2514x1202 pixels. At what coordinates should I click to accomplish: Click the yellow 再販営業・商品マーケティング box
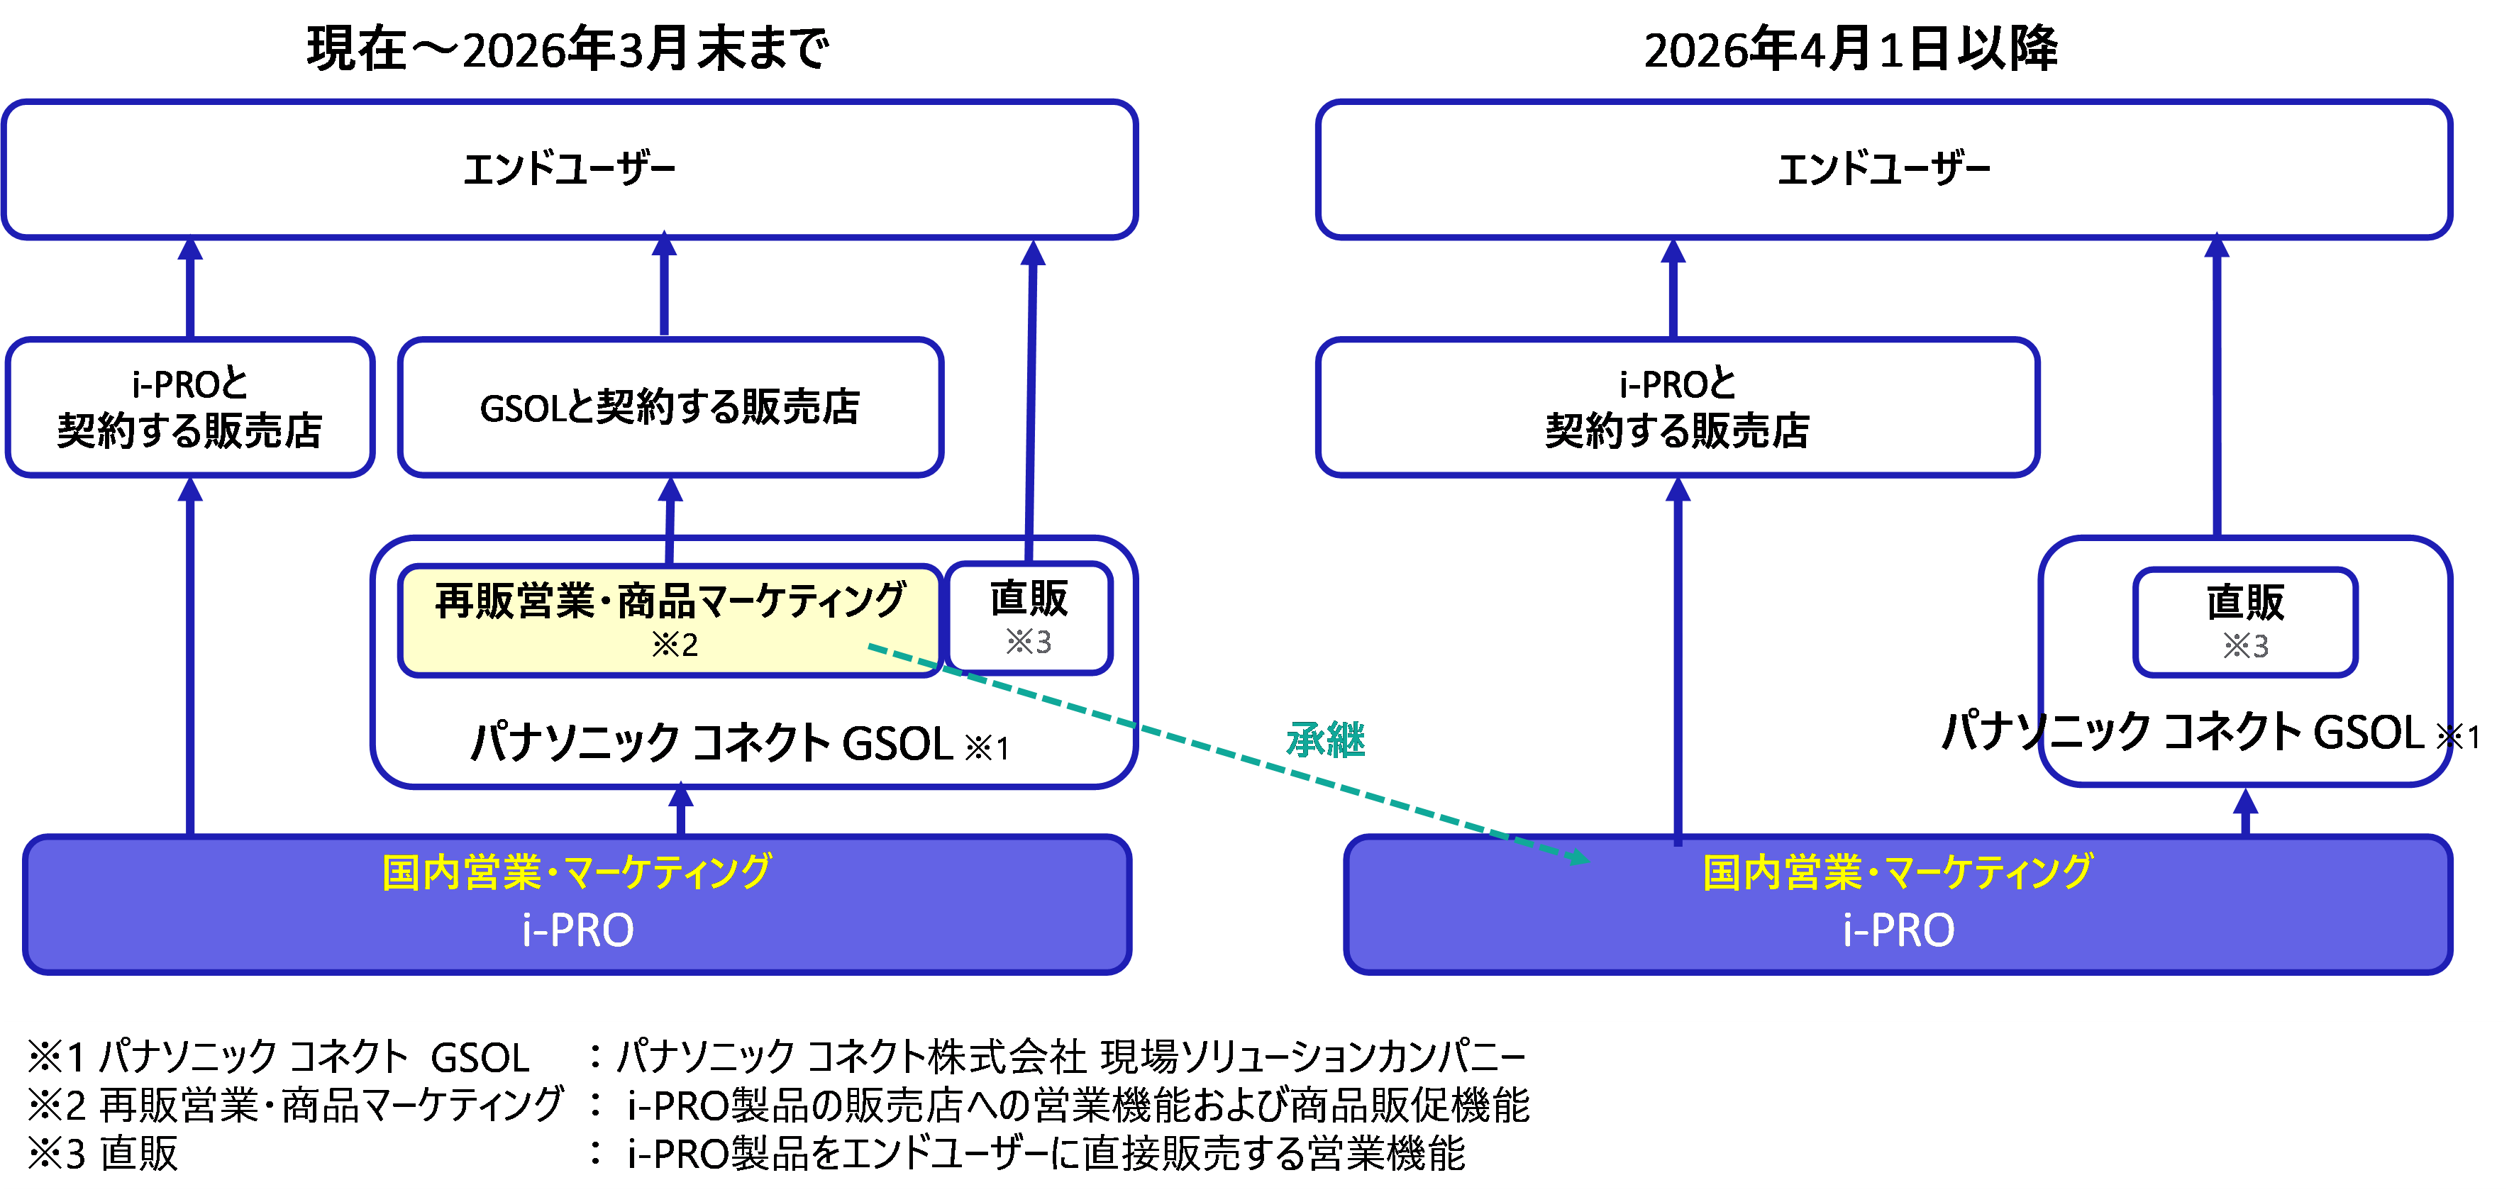pyautogui.click(x=670, y=620)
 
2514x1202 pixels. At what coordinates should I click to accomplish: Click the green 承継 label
pyautogui.click(x=1325, y=740)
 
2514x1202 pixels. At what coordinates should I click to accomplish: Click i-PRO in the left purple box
pyautogui.click(x=577, y=930)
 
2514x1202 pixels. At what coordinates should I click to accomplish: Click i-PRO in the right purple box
pyautogui.click(x=1898, y=930)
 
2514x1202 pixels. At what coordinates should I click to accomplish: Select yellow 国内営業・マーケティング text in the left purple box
pyautogui.click(x=576, y=872)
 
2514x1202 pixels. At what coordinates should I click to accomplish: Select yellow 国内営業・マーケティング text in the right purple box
pyautogui.click(x=1898, y=872)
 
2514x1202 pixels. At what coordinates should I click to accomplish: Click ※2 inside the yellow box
pyautogui.click(x=675, y=645)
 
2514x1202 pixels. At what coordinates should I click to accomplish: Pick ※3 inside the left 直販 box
pyautogui.click(x=1029, y=642)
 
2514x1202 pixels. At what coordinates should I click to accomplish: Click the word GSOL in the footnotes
pyautogui.click(x=480, y=1057)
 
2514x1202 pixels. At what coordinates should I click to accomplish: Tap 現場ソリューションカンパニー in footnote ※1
pyautogui.click(x=1312, y=1057)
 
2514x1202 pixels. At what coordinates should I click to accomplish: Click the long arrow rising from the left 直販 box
pyautogui.click(x=1031, y=390)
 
